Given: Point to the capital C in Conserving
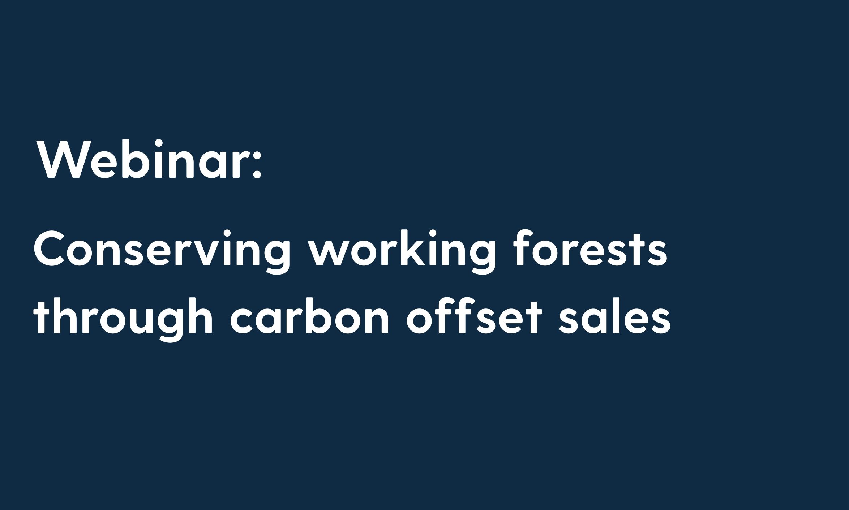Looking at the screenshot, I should coord(50,249).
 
